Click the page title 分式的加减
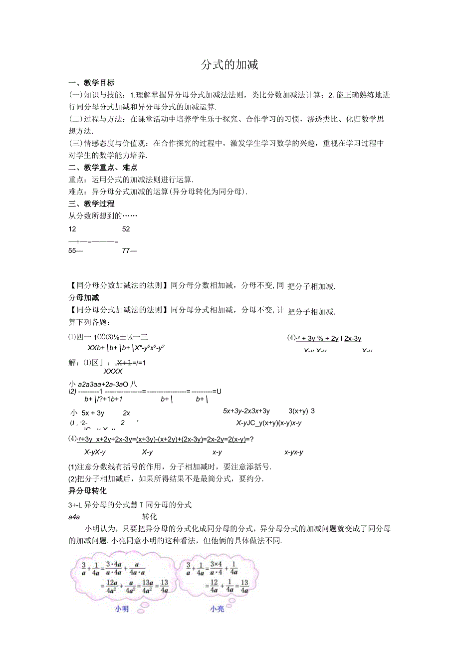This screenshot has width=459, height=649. [229, 65]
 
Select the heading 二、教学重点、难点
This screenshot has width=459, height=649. [103, 168]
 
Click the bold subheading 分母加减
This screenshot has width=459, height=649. [83, 298]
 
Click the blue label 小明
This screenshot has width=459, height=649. [122, 609]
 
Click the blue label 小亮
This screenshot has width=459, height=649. [217, 609]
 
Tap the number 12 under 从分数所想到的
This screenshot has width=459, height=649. [72, 229]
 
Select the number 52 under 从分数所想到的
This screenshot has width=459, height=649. [126, 229]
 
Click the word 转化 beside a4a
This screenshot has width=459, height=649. [150, 516]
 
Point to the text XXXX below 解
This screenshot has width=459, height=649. [113, 371]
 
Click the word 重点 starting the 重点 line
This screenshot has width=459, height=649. [75, 180]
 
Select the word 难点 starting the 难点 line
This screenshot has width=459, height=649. [75, 192]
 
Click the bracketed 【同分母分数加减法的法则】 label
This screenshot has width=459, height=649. [118, 286]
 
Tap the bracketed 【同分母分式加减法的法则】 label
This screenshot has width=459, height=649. [118, 310]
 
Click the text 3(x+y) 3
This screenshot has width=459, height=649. [301, 411]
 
